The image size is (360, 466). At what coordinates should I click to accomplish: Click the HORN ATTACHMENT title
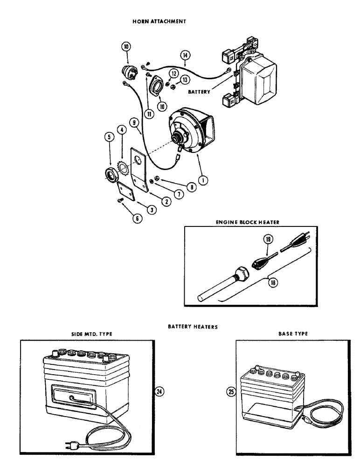[159, 21]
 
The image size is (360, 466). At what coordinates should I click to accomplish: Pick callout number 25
[230, 392]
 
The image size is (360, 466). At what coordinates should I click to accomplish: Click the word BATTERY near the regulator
[199, 92]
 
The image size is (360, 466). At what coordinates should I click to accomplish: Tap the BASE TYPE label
[293, 334]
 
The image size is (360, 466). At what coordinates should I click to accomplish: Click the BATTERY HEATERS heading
[193, 327]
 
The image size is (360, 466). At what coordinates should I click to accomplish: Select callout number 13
[185, 80]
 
